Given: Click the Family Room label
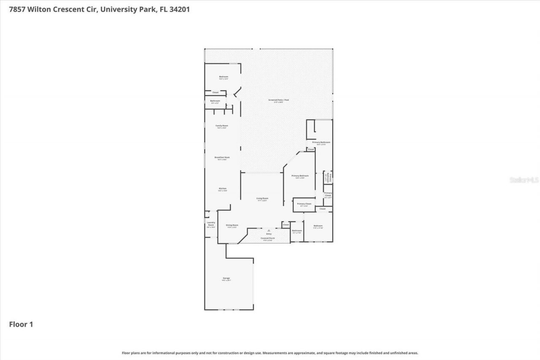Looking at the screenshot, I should pyautogui.click(x=222, y=126).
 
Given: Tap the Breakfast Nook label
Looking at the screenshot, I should pyautogui.click(x=222, y=157).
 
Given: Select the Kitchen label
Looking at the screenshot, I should pyautogui.click(x=222, y=188).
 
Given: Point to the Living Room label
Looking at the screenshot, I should pyautogui.click(x=262, y=198).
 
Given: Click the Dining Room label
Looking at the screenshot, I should pyautogui.click(x=232, y=225).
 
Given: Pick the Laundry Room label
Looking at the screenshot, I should pyautogui.click(x=211, y=224).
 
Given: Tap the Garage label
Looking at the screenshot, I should pyautogui.click(x=226, y=278).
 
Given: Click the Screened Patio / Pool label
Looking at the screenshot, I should pyautogui.click(x=281, y=100).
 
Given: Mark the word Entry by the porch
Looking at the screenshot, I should pyautogui.click(x=269, y=234).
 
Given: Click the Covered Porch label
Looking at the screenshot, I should pyautogui.click(x=268, y=238).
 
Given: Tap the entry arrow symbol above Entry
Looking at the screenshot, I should pyautogui.click(x=269, y=230).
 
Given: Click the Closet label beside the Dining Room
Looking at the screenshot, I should pyautogui.click(x=286, y=225).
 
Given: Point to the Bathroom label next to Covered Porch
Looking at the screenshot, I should pyautogui.click(x=297, y=230).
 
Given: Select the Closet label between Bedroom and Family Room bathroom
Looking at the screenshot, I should pyautogui.click(x=215, y=92).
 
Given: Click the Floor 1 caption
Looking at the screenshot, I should pyautogui.click(x=21, y=324).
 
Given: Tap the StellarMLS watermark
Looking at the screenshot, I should pyautogui.click(x=524, y=180).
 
